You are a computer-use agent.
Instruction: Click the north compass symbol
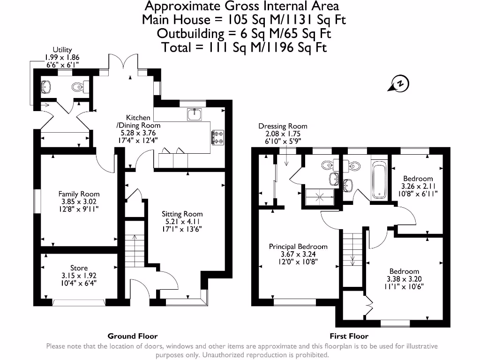click(399, 84)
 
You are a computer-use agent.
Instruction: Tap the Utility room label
click(62, 50)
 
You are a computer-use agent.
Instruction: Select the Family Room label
click(79, 194)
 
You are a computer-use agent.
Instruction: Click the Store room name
click(79, 268)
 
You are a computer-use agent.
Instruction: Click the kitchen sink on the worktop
click(194, 114)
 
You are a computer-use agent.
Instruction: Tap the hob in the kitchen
click(218, 137)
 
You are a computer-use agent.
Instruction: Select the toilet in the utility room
click(78, 87)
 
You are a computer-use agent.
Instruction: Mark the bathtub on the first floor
click(378, 180)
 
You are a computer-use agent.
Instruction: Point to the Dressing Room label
click(283, 126)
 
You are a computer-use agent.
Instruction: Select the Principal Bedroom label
click(298, 247)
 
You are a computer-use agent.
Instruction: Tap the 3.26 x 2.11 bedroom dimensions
click(418, 186)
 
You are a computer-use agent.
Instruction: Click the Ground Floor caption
click(133, 336)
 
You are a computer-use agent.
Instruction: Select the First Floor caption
click(349, 336)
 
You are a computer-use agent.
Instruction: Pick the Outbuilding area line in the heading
click(244, 34)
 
